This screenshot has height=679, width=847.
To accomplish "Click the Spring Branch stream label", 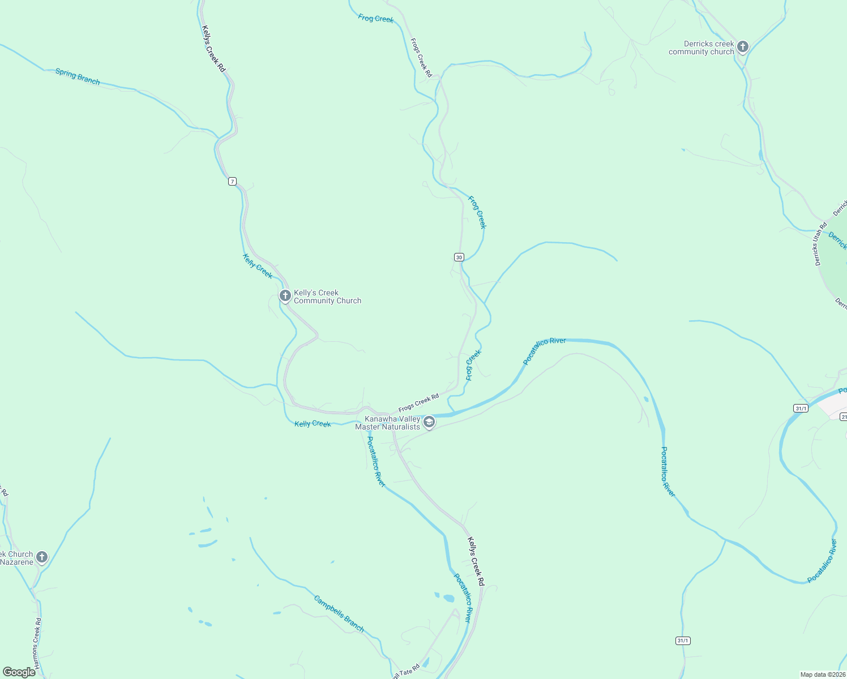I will coord(78,76).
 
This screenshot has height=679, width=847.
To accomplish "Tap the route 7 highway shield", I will coord(232,181).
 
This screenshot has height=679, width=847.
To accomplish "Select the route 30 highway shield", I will coord(459,257).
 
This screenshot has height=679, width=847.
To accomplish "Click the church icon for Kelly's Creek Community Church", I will coord(285,295).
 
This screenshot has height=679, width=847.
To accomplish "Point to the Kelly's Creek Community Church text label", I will coord(327,296).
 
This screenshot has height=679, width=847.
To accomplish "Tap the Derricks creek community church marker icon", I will coord(743,47).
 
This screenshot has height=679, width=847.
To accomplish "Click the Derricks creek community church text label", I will coord(702,48).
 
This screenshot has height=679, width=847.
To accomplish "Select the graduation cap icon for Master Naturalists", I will coord(429,422).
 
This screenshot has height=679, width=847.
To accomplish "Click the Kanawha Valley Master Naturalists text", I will coord(388,423).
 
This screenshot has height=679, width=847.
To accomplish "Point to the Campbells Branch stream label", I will coord(339,614).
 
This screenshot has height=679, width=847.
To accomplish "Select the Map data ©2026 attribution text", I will coord(822,674).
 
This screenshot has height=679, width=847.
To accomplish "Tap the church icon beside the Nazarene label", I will coord(41,557).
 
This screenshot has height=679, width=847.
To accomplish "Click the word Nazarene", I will coord(17,562).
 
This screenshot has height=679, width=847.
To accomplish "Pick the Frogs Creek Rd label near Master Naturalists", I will coord(418,403).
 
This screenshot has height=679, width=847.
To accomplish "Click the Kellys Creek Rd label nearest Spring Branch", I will coord(213,49).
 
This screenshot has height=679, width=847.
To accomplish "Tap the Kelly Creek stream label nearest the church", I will coord(258,266).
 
